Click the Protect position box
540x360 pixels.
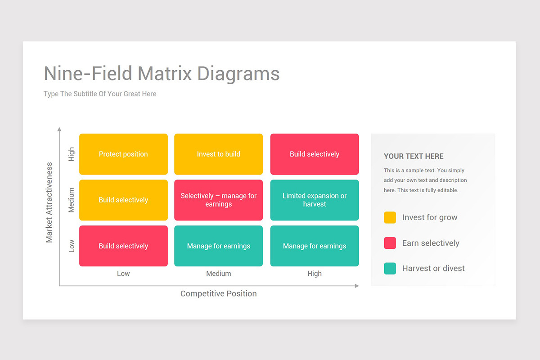point(123,154)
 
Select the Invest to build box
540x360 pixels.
point(218,154)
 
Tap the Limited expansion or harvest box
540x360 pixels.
point(315,200)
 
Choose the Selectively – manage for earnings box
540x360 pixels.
point(218,200)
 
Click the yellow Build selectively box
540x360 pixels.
point(123,200)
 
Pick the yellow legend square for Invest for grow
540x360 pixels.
point(390,217)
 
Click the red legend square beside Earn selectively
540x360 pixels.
point(390,243)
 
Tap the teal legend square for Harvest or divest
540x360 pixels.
point(390,268)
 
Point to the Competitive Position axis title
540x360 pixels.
point(218,293)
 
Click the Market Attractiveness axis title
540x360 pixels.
point(49,202)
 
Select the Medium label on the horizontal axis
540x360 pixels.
point(218,274)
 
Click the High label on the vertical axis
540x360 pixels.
point(72,154)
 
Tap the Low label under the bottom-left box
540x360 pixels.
point(123,274)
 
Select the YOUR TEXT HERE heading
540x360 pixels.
point(414,156)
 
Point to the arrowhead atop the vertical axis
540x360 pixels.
point(59,129)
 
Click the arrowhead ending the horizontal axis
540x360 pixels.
point(356,286)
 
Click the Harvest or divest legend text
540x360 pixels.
point(433,268)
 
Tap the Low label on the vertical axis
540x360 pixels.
point(72,246)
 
